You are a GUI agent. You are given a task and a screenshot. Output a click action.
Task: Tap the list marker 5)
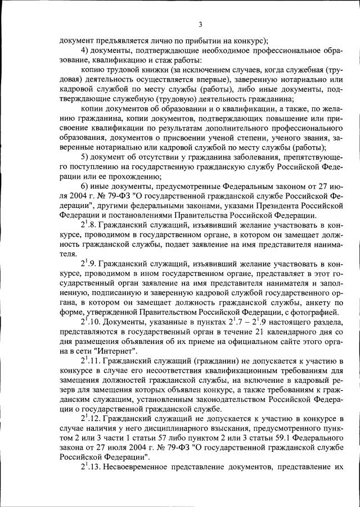coord(85,156)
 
